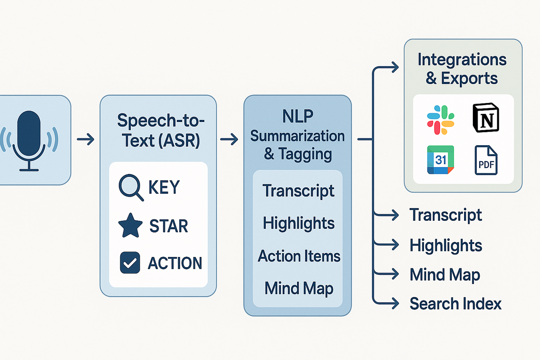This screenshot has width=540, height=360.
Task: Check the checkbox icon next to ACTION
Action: (130, 263)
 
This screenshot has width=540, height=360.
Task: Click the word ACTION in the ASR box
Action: (175, 263)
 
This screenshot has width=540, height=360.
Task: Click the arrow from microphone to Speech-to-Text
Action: (86, 140)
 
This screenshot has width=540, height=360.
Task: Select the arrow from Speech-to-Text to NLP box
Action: (229, 140)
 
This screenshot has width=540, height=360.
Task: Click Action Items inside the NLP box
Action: (299, 256)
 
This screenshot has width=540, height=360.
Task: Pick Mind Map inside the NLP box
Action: (299, 288)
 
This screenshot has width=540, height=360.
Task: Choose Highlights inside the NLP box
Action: (299, 223)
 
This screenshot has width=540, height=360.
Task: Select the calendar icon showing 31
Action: (440, 160)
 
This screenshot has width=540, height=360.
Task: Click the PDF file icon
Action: (486, 160)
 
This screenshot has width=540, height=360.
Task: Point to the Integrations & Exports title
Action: (462, 69)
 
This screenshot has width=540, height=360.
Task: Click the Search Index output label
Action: (455, 303)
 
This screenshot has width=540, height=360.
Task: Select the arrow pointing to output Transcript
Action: (386, 215)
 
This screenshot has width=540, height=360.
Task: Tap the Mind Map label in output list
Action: (445, 275)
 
